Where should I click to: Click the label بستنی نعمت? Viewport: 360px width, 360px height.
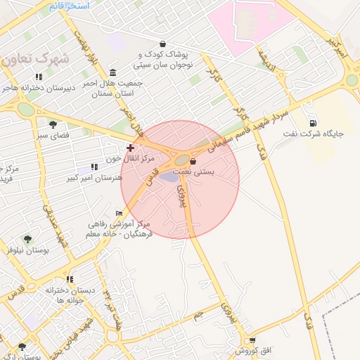click(x=212, y=171)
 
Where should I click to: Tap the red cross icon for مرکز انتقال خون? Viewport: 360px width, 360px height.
click(x=130, y=148)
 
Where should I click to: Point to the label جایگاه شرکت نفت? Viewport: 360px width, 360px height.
click(x=313, y=134)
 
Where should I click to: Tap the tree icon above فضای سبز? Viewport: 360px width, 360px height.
click(x=53, y=124)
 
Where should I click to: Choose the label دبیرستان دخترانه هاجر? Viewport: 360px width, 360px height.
click(x=38, y=89)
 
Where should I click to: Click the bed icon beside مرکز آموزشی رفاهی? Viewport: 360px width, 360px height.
click(x=119, y=213)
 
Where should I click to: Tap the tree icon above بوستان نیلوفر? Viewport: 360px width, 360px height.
click(x=27, y=239)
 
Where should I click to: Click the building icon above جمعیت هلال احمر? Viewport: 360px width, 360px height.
click(x=113, y=72)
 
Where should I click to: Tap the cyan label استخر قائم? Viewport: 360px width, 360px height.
click(x=70, y=5)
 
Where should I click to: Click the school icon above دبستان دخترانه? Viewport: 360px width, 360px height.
click(x=70, y=279)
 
